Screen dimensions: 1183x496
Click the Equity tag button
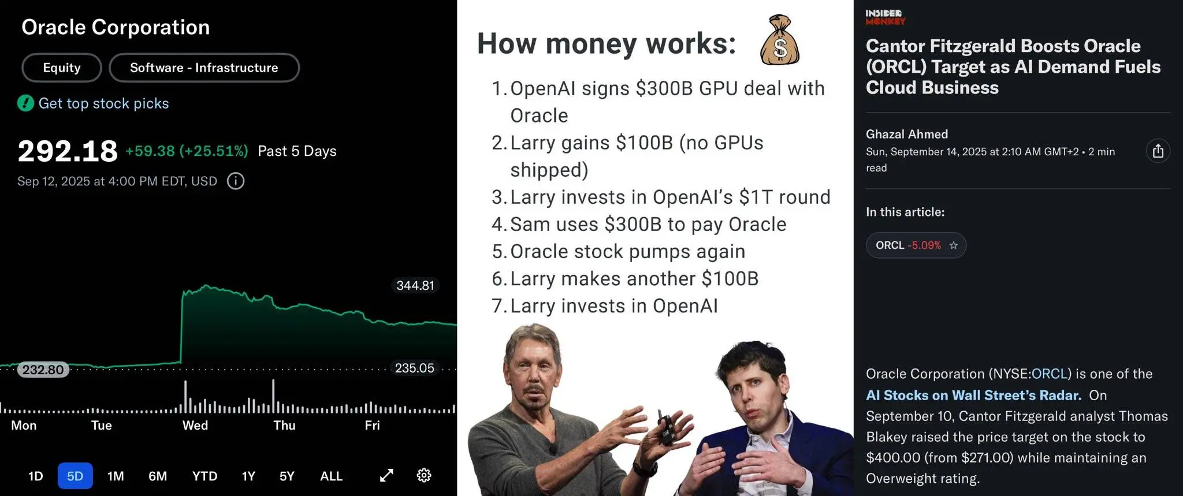click(62, 68)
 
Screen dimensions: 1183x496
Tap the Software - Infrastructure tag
click(204, 68)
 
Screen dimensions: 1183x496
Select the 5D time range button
click(75, 476)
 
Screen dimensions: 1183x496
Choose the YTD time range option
click(204, 476)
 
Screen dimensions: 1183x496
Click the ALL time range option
click(331, 476)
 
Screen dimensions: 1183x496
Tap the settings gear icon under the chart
click(424, 475)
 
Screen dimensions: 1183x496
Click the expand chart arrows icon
click(386, 475)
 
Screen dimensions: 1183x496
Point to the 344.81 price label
click(415, 285)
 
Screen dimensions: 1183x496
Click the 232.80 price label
click(43, 370)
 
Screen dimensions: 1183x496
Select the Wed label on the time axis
click(195, 426)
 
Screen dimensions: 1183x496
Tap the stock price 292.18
click(68, 151)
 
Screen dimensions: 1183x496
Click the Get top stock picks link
click(104, 103)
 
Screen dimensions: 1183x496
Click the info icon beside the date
click(236, 181)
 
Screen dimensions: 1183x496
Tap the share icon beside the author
click(1158, 151)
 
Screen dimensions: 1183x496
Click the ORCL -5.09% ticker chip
click(916, 245)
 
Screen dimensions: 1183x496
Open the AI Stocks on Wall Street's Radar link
click(973, 395)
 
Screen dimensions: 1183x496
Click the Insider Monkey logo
click(885, 17)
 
